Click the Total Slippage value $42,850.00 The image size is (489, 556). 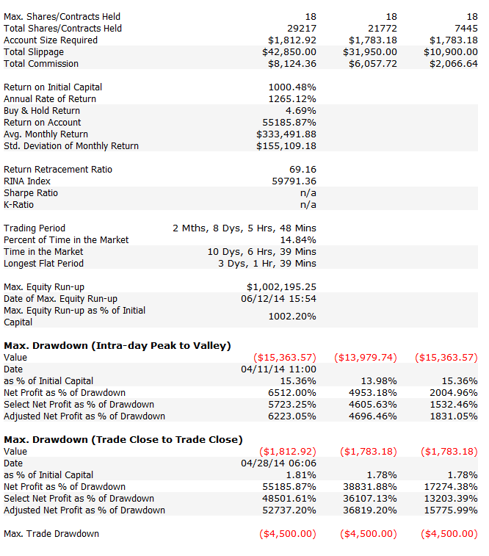tap(289, 52)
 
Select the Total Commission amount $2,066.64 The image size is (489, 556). tap(454, 64)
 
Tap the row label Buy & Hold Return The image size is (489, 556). tap(42, 111)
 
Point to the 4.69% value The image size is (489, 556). tap(301, 111)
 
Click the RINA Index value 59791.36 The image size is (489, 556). tap(294, 181)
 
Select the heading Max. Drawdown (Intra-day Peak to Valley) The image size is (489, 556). tap(117, 346)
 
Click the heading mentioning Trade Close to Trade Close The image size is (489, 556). tap(123, 440)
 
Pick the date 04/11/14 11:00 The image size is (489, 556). tap(278, 369)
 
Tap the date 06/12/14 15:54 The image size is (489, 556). tap(278, 299)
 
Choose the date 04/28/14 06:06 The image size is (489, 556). tap(278, 463)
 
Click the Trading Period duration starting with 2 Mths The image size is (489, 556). tap(245, 228)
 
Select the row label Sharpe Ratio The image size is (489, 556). tap(31, 193)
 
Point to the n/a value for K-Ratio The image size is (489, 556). tap(308, 205)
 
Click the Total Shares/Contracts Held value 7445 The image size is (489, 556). tap(466, 29)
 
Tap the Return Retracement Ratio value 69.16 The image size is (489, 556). tap(303, 170)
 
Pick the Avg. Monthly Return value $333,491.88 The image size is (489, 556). tap(286, 134)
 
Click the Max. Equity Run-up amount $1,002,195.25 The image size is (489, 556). tap(282, 287)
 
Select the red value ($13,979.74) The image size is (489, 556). tap(366, 358)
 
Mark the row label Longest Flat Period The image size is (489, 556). tap(43, 264)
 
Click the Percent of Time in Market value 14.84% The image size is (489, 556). tap(298, 240)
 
